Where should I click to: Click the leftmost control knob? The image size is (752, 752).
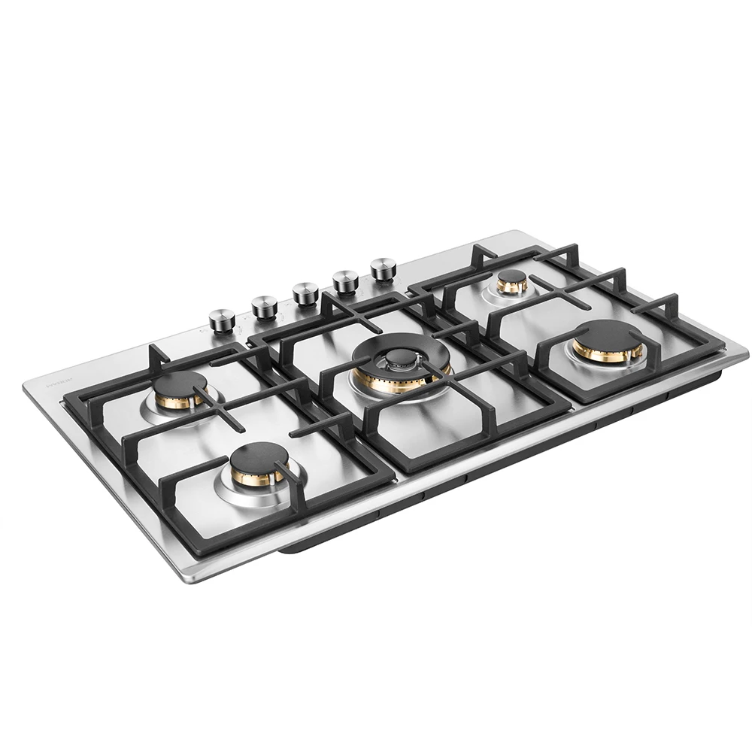coord(222,319)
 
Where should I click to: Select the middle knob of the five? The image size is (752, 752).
coord(305,293)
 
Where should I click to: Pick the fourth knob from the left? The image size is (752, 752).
coord(345,280)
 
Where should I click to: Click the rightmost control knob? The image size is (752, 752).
coord(383,268)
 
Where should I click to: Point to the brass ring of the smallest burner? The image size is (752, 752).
coord(512,287)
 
